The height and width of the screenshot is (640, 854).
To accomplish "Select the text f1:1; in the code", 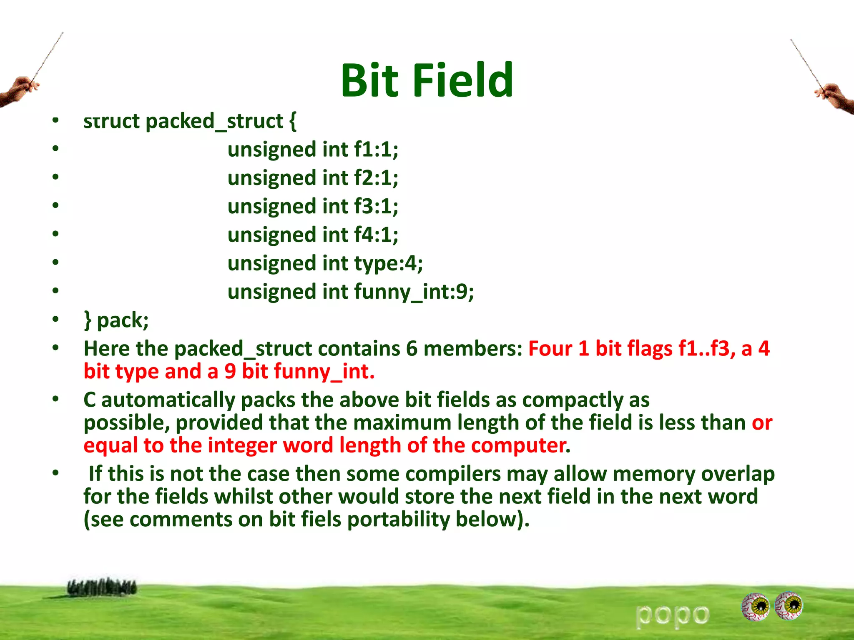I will tap(376, 149).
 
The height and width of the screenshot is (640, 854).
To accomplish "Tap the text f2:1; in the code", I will tap(376, 177).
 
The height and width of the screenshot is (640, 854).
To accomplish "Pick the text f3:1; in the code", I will tap(376, 206).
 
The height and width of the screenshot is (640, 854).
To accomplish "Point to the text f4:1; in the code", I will tap(376, 235).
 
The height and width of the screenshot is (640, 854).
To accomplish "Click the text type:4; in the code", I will tap(388, 263).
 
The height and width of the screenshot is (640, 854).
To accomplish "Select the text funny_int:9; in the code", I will tap(414, 292).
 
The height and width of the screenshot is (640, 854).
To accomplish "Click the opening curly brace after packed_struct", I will tap(293, 122).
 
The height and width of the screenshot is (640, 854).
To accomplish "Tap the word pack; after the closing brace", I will tap(123, 320).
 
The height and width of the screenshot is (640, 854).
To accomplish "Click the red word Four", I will tap(550, 348).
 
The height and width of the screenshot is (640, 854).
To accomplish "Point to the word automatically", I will tap(168, 400).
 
